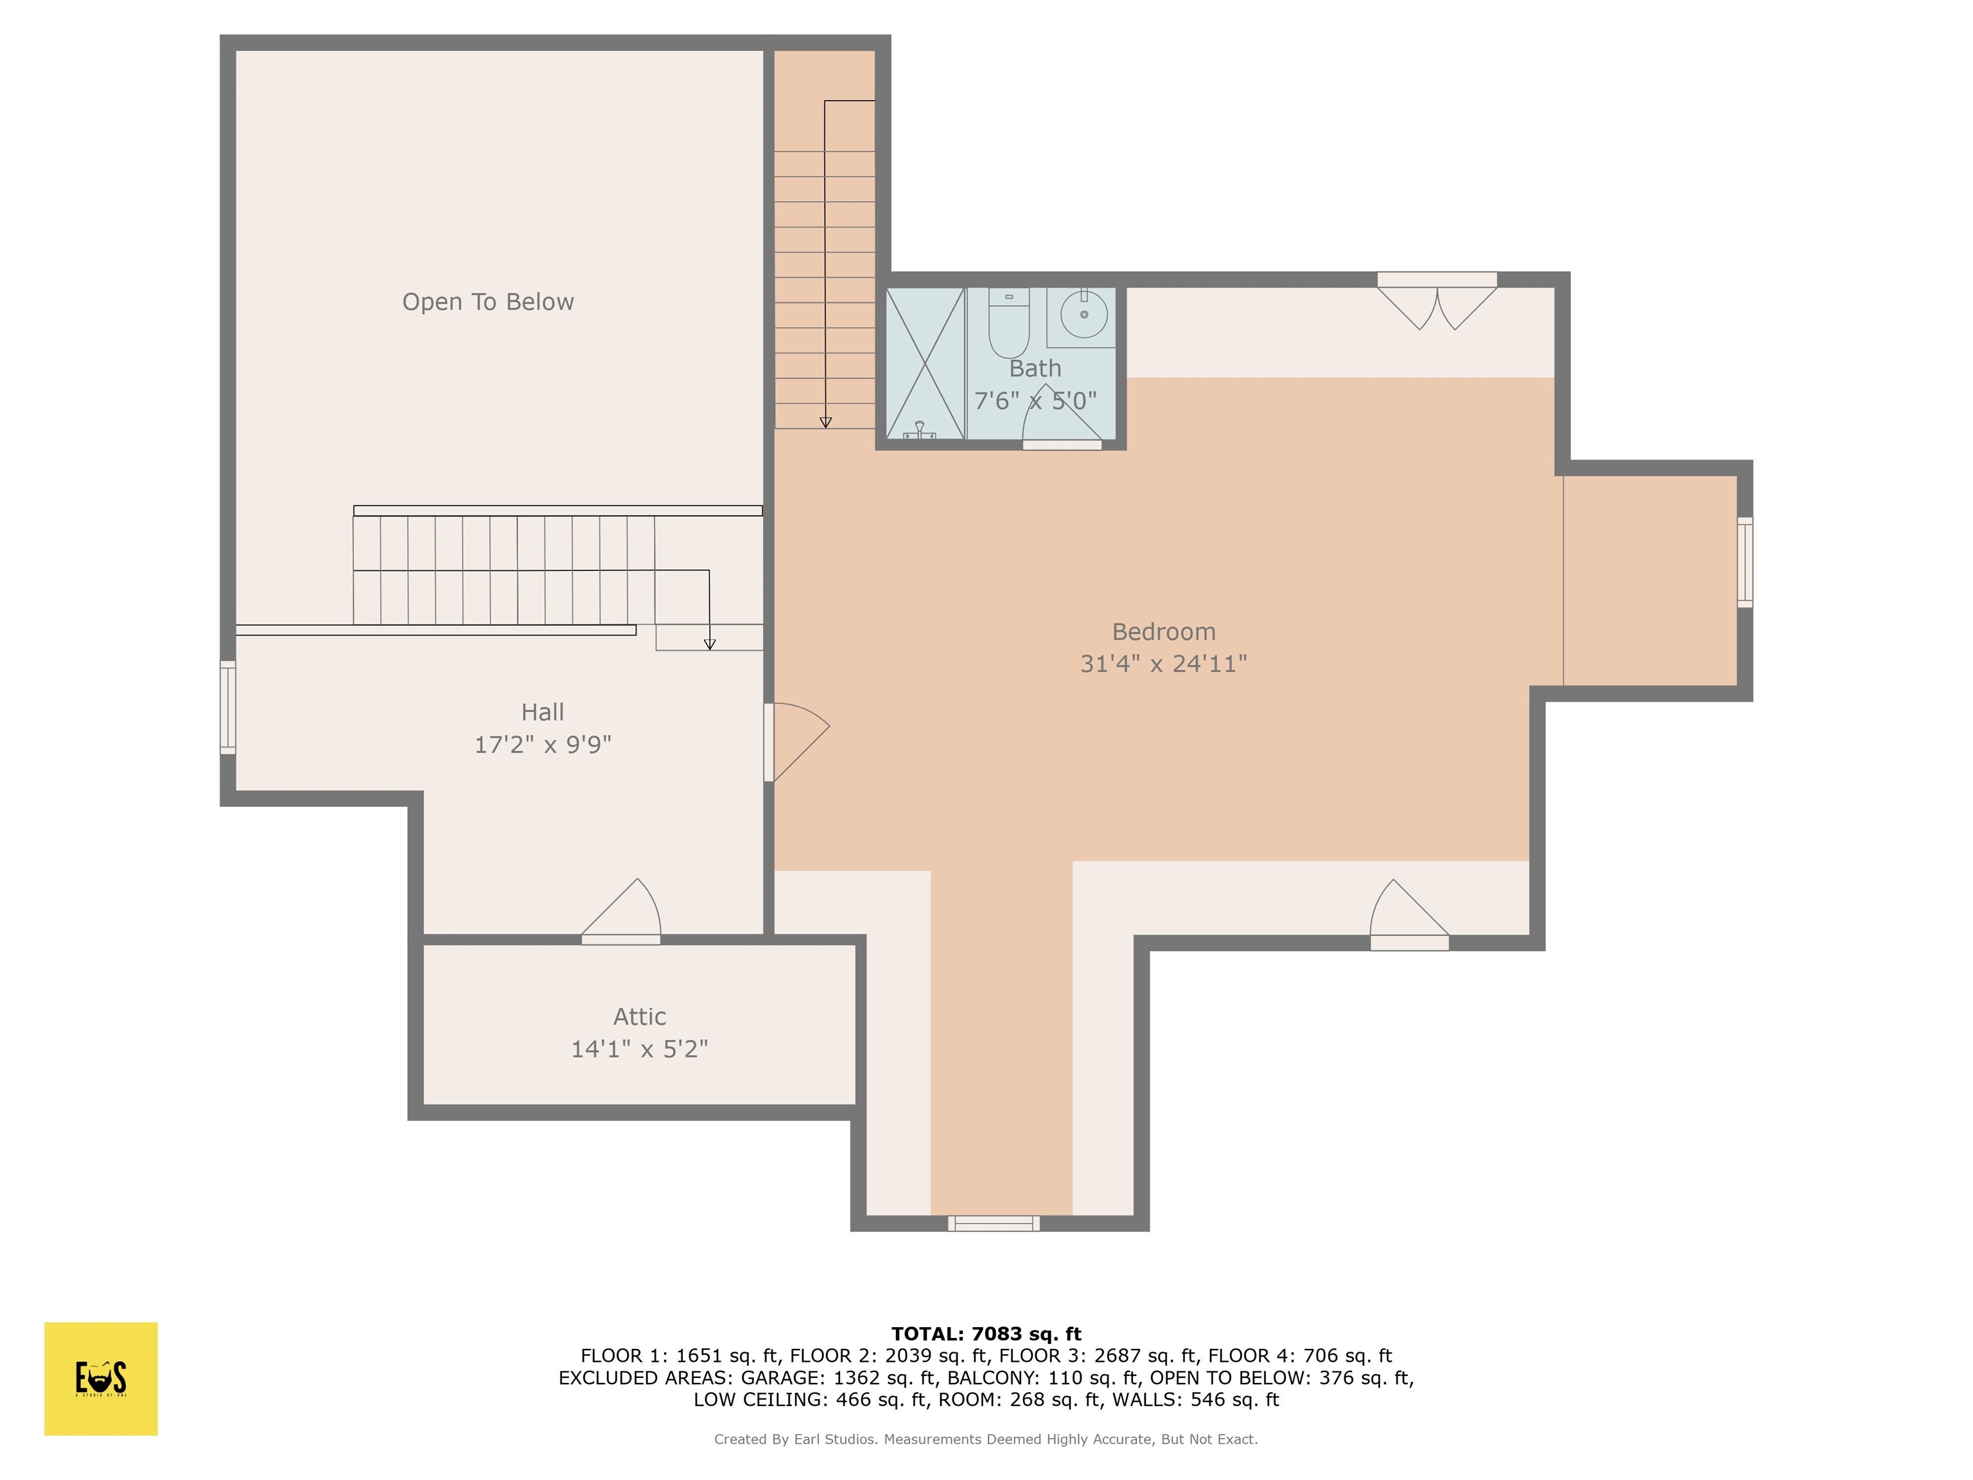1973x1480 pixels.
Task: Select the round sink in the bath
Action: [1083, 315]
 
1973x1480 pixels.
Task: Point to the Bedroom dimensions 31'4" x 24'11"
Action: [1163, 664]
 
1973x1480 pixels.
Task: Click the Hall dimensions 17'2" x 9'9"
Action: [542, 744]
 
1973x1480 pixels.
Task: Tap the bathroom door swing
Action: [1058, 419]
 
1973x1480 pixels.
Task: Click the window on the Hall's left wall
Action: [229, 707]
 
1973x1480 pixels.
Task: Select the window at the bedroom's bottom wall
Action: [994, 1223]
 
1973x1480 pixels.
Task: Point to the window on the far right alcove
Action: [1744, 562]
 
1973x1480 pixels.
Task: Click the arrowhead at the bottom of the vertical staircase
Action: [826, 422]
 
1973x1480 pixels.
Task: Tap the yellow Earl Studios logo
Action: [101, 1379]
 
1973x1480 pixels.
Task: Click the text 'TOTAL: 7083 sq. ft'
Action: [986, 1334]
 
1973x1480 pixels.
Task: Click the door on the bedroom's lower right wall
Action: [1409, 915]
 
